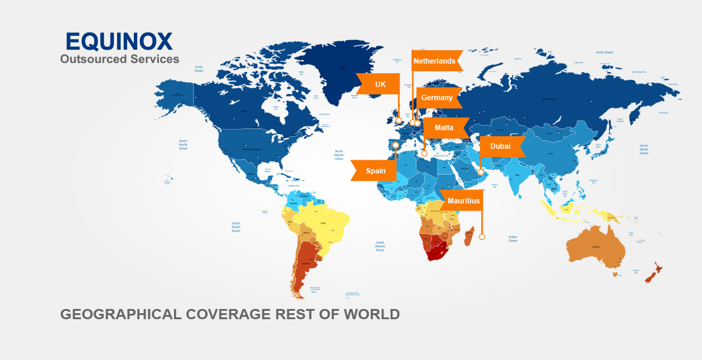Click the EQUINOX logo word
[x=119, y=41]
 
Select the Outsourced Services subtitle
[x=119, y=59]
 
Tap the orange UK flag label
[x=380, y=84]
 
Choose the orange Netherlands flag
[x=435, y=61]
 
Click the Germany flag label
[x=437, y=98]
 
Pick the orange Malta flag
[x=444, y=128]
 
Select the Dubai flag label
[x=500, y=146]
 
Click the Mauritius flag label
[x=463, y=201]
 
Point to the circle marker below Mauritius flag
[x=482, y=237]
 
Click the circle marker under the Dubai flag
[x=481, y=172]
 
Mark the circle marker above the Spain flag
[x=395, y=145]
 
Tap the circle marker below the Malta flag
[x=424, y=153]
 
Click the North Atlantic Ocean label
[x=339, y=155]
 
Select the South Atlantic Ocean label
[x=380, y=246]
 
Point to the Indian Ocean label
[x=513, y=238]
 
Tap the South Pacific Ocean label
[x=236, y=226]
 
